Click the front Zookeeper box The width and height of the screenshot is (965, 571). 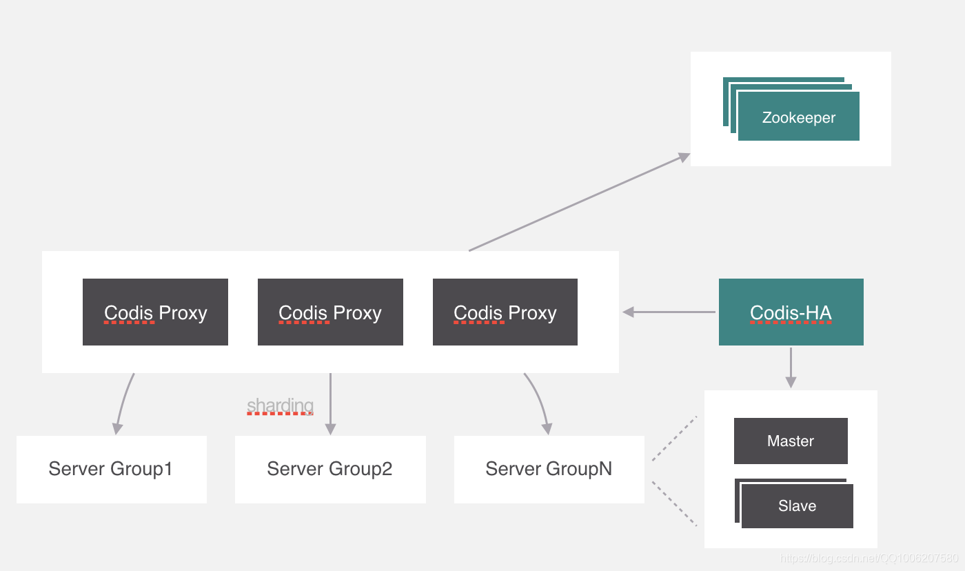[798, 117]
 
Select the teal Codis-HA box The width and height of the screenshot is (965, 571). [791, 312]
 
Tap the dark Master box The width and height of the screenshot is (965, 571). [791, 441]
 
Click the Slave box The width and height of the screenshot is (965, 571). [797, 506]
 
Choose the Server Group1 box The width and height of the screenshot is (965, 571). [111, 469]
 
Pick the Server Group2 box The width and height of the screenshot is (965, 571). [330, 469]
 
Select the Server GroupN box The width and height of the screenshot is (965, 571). [549, 469]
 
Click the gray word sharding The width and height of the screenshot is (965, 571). [280, 405]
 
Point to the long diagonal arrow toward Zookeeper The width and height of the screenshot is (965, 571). [579, 202]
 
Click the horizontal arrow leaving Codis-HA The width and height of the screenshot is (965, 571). [669, 312]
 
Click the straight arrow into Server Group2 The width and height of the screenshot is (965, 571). [330, 403]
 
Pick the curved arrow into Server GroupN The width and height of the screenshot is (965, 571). [540, 400]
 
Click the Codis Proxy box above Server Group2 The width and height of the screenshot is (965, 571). [330, 312]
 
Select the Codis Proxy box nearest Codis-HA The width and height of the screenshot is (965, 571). [505, 312]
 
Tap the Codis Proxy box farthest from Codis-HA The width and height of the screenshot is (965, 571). [155, 312]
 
